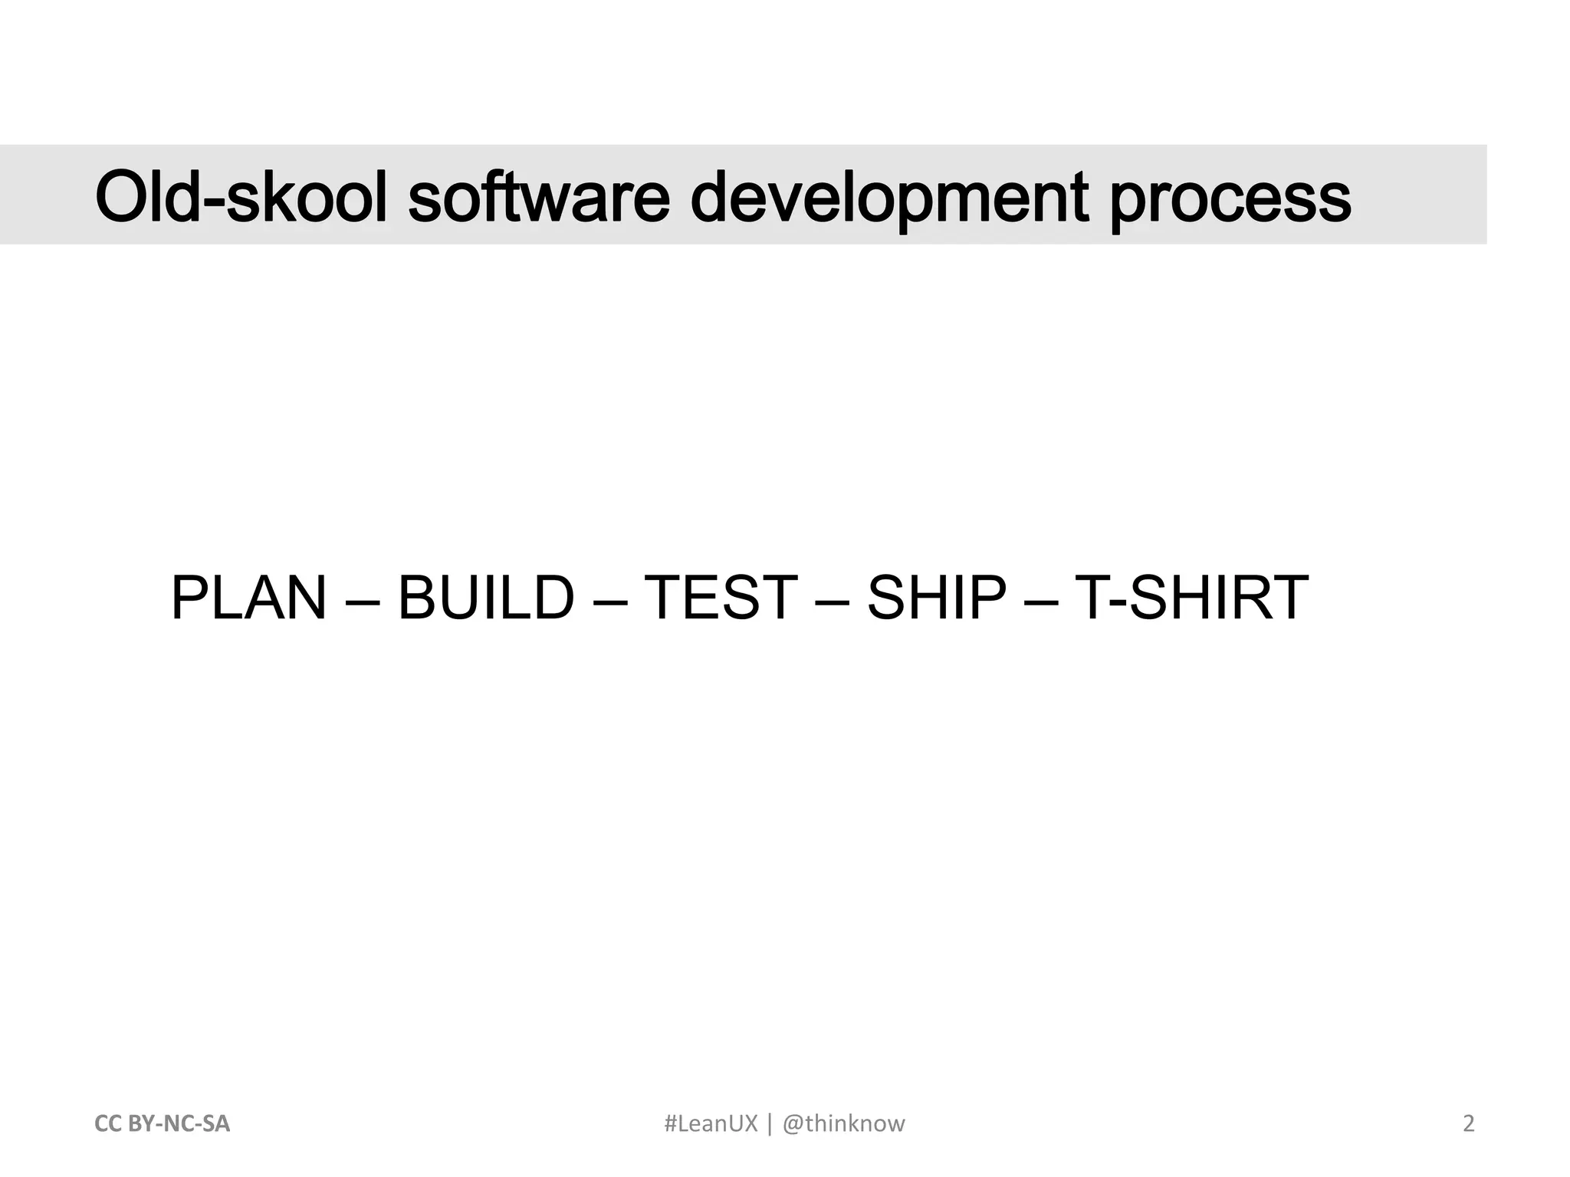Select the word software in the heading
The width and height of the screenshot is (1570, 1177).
click(x=539, y=197)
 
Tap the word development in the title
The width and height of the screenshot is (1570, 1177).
click(x=889, y=198)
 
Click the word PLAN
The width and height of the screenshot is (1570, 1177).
click(x=248, y=598)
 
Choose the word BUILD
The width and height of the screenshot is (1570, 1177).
click(x=486, y=598)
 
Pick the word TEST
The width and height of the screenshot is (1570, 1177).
click(x=721, y=598)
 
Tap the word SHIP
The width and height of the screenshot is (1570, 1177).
click(x=936, y=598)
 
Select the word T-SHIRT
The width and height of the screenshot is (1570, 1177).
click(x=1191, y=598)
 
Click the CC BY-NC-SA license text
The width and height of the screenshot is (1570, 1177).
click(x=162, y=1124)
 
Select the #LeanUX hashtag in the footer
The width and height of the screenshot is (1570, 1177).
click(x=711, y=1124)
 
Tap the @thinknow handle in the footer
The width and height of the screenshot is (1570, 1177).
click(x=843, y=1124)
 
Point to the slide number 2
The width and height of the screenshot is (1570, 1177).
click(x=1469, y=1124)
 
